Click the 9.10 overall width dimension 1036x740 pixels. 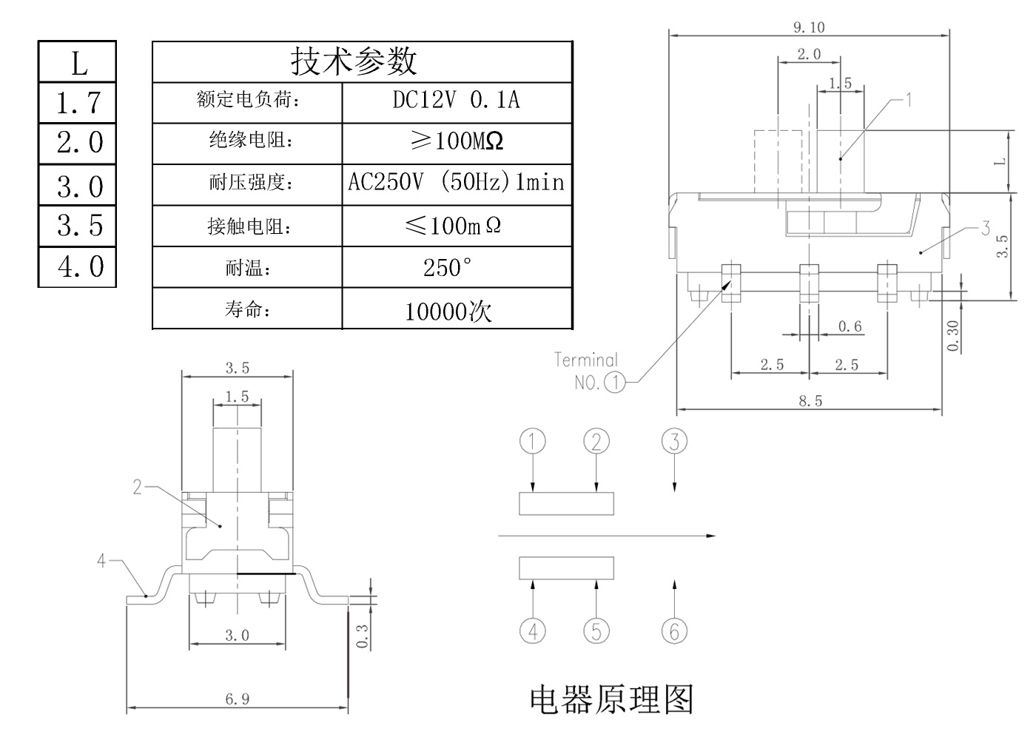(x=809, y=27)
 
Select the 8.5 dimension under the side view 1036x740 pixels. (x=810, y=401)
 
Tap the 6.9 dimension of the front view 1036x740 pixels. (x=237, y=699)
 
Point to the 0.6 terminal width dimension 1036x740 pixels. (x=850, y=326)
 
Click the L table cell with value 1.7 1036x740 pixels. (x=78, y=103)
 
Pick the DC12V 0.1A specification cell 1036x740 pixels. (x=457, y=100)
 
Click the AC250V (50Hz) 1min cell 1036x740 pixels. (x=457, y=182)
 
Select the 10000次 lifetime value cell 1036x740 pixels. (x=448, y=311)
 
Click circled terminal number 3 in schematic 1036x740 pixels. (x=674, y=442)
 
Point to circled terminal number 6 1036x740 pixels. (x=674, y=631)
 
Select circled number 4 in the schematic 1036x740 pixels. (x=533, y=631)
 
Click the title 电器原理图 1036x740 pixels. (x=611, y=699)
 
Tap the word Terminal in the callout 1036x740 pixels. (x=585, y=360)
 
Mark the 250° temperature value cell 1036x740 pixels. (x=447, y=268)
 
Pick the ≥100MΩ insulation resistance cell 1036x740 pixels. (x=457, y=141)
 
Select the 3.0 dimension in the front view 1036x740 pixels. (x=237, y=635)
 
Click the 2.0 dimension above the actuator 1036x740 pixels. (x=809, y=54)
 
